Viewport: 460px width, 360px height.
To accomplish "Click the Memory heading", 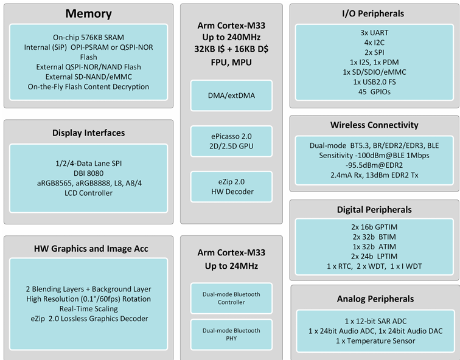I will coord(88,13).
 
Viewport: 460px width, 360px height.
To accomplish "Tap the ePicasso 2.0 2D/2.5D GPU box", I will coord(231,142).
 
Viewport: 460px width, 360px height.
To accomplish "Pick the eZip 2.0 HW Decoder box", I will coord(231,187).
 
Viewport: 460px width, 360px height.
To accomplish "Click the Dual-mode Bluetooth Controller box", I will coord(231,298).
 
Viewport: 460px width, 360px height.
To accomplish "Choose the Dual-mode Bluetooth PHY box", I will coord(231,334).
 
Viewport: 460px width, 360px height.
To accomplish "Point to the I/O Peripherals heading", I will coord(374,13).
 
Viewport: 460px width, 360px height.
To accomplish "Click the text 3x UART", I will coord(374,33).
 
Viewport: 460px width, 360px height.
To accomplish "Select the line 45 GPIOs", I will coord(374,92).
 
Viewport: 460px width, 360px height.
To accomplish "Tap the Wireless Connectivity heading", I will coord(374,125).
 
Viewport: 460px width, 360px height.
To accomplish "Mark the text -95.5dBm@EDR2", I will coord(374,165).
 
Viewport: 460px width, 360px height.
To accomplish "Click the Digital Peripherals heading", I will coord(374,209).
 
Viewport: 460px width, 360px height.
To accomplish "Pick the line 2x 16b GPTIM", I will coord(374,227).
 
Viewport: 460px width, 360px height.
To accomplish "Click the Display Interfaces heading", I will coord(88,133).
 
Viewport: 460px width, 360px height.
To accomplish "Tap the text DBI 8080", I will coord(88,173).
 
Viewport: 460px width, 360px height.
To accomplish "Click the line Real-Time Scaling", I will coord(88,309).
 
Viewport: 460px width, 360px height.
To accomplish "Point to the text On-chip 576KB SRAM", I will coord(88,37).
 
